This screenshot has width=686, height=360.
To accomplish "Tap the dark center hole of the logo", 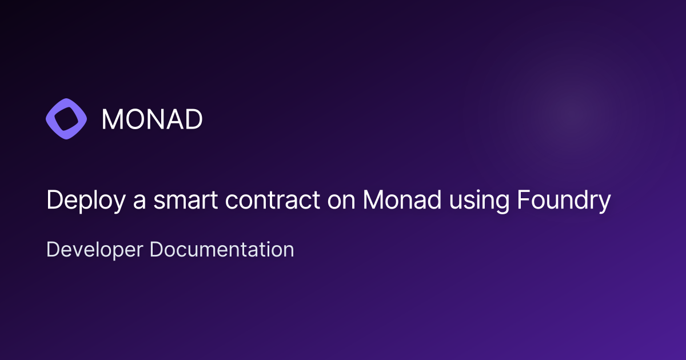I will pyautogui.click(x=66, y=119).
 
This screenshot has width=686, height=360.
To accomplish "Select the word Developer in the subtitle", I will pyautogui.click(x=95, y=250).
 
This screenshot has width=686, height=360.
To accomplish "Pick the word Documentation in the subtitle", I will pyautogui.click(x=222, y=250).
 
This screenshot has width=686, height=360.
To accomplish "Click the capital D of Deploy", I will pyautogui.click(x=53, y=201).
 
